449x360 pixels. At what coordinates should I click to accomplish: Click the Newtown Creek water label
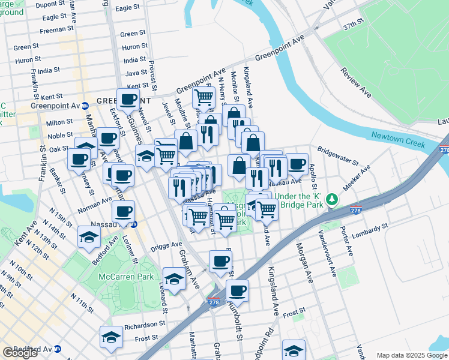397,140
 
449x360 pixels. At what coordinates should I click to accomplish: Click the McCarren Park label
127,277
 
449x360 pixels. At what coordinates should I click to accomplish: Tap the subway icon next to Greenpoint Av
85,106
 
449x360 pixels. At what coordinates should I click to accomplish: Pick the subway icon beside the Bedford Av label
58,349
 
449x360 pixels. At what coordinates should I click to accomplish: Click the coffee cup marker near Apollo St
296,164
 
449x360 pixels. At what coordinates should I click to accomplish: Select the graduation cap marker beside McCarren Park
174,280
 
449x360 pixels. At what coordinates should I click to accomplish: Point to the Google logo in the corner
20,352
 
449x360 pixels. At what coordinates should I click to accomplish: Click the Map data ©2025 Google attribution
412,355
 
